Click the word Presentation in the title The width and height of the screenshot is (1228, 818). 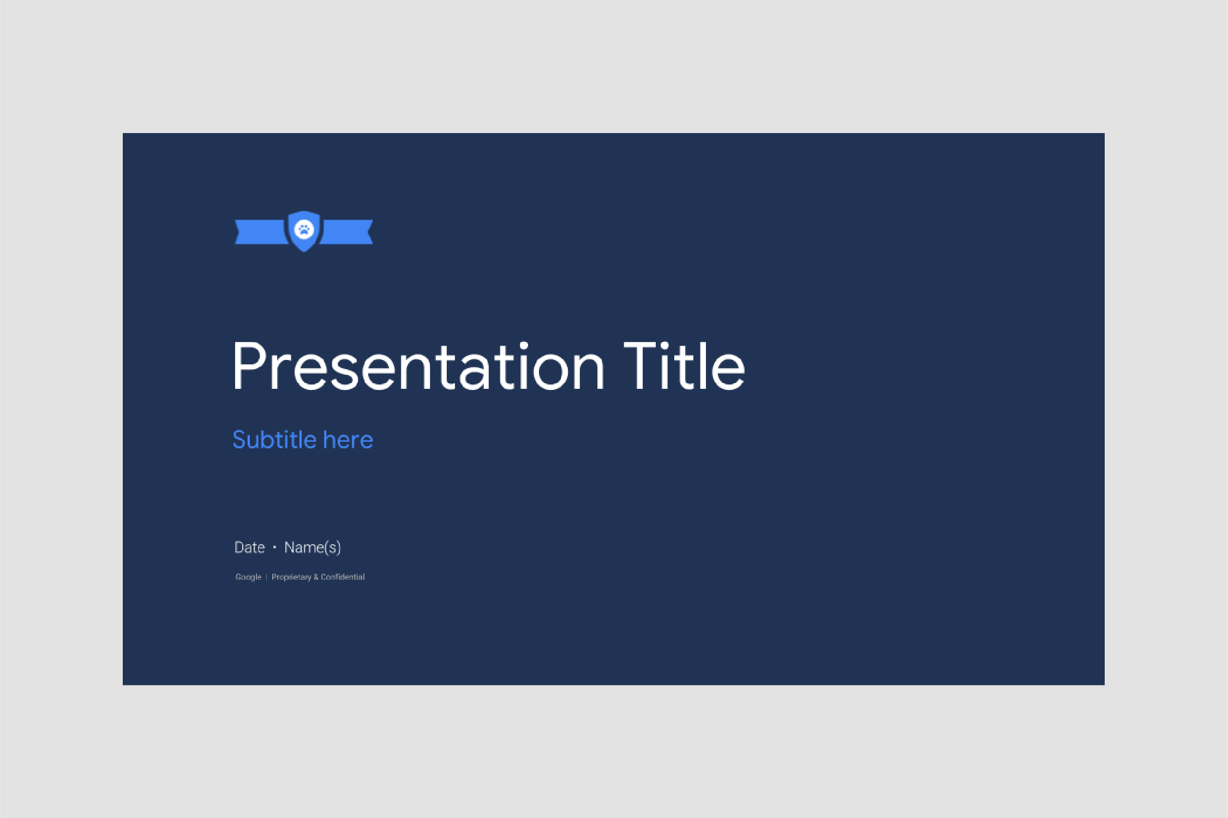coord(418,365)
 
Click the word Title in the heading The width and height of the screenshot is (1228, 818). coord(684,365)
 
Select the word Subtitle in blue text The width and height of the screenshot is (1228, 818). coord(274,440)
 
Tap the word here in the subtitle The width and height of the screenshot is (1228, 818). coord(348,440)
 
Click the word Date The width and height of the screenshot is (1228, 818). coord(249,547)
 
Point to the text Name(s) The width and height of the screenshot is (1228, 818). coord(313,548)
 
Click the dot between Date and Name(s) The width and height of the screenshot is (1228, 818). coord(274,547)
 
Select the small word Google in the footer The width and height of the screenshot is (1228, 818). coord(248,577)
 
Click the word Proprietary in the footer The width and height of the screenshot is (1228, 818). coord(291,577)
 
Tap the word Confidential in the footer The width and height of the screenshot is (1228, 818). coord(343,577)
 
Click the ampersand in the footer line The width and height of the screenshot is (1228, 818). coord(316,577)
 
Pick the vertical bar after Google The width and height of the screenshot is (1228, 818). coord(266,577)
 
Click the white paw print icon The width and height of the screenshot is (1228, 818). coord(304,230)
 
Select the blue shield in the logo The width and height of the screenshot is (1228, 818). coord(304,231)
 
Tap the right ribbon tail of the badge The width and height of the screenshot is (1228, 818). coord(347,232)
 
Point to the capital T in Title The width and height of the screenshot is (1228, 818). coord(642,365)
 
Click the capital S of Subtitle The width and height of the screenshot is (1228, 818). coord(239,440)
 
